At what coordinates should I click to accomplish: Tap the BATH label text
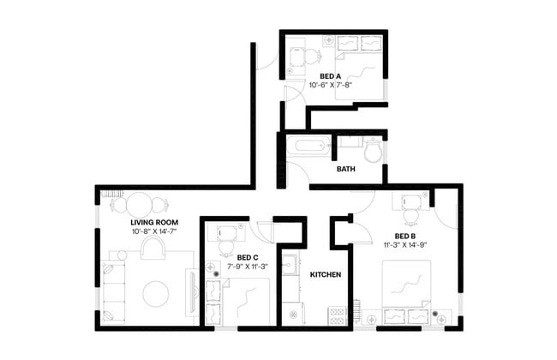tap(345, 169)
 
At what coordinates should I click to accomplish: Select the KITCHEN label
tap(326, 275)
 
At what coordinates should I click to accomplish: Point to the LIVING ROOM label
tap(141, 222)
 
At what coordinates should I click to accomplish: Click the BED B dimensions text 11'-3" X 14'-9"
tap(405, 245)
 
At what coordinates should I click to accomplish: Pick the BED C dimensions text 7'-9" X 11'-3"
tap(247, 267)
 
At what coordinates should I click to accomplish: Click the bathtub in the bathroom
tap(305, 146)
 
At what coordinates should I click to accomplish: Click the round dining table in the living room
tap(138, 203)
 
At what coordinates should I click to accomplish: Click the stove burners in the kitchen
tap(337, 315)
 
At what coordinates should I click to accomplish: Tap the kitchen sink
tap(290, 264)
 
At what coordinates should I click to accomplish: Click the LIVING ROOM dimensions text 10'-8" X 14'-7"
tap(141, 231)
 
